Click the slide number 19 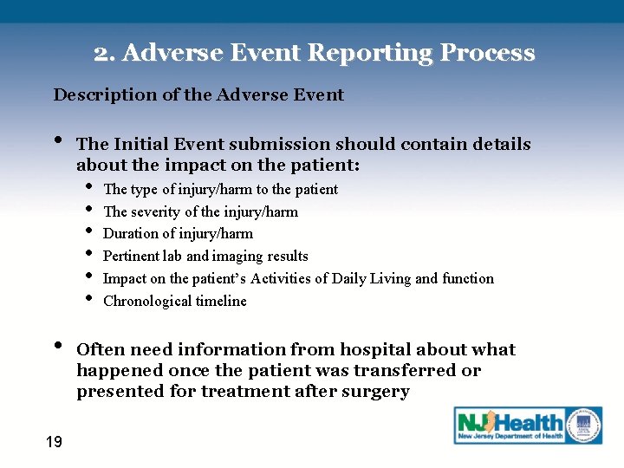pyautogui.click(x=54, y=443)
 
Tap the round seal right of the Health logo pyautogui.click(x=584, y=425)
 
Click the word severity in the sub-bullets pyautogui.click(x=156, y=211)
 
